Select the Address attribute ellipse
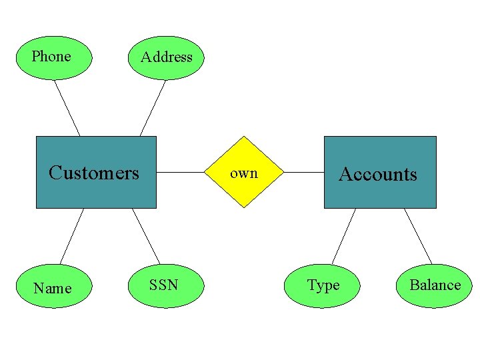[x=166, y=57]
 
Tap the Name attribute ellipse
[x=53, y=287]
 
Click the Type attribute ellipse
[x=322, y=285]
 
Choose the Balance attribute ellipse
[x=435, y=285]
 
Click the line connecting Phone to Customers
[x=67, y=108]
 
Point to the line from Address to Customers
[x=153, y=108]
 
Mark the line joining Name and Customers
[x=72, y=236]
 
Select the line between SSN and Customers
[x=146, y=236]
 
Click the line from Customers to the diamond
[x=180, y=172]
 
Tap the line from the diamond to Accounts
[x=304, y=172]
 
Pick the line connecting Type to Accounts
[x=344, y=236]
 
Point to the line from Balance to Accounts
[x=418, y=236]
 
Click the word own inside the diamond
[x=244, y=173]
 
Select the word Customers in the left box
[x=94, y=173]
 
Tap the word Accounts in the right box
[x=378, y=174]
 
